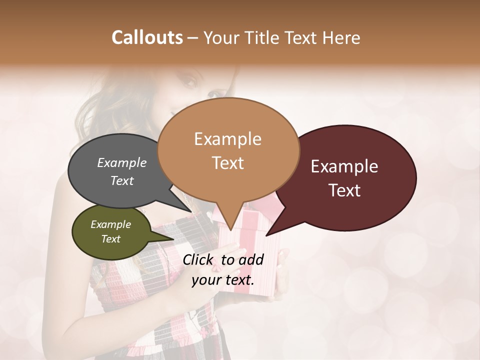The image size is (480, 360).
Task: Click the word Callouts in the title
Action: coord(147,37)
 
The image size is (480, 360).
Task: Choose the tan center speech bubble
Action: coord(228,150)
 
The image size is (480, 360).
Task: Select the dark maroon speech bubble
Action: coord(350,177)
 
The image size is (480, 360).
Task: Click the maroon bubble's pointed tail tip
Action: coord(266,235)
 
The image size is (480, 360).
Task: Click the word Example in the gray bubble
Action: coord(121,162)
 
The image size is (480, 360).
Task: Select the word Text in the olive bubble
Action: coord(110,239)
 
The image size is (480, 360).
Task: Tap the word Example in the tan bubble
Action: coord(227,139)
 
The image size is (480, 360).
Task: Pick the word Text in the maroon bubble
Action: coord(344,190)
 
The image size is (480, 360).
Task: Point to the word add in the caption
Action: coord(251,259)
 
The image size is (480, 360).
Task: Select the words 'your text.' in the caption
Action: coord(223,279)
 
